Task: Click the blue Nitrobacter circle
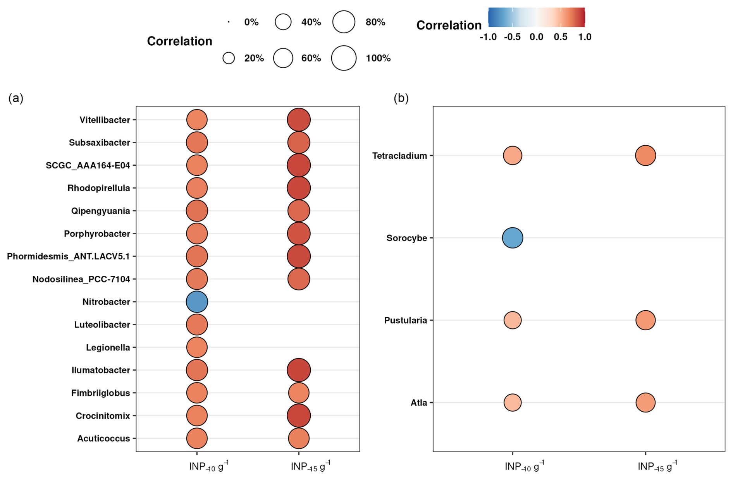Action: coord(197,302)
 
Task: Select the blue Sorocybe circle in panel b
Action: coord(512,238)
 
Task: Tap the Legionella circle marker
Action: coord(197,347)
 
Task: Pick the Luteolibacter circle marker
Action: coord(197,324)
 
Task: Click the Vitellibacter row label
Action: coord(105,120)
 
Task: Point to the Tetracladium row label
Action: coord(399,156)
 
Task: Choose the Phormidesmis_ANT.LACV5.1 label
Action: coord(69,256)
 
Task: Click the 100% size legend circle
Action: coord(344,58)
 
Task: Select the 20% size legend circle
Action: coord(229,58)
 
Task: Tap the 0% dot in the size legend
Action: coord(229,22)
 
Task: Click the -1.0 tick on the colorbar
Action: coord(488,37)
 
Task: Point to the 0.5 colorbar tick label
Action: coord(561,37)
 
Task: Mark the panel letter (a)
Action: coord(16,98)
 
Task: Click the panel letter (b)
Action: coord(401,98)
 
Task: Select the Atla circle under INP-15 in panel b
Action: coord(645,403)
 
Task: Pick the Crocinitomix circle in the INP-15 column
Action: coord(299,416)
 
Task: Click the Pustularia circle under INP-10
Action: coord(512,320)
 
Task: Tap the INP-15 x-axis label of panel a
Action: coord(310,466)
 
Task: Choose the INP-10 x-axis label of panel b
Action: coord(524,466)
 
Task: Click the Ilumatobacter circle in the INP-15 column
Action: coord(299,370)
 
